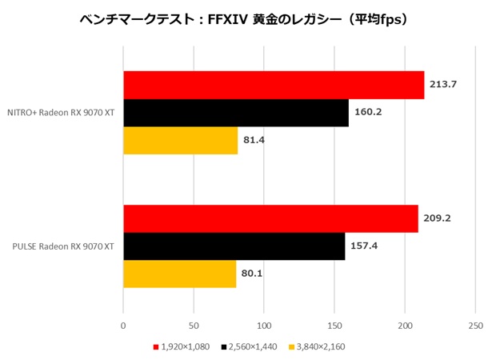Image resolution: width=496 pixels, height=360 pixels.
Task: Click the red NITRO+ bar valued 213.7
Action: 273,85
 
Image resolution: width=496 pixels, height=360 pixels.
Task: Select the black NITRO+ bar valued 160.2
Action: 235,113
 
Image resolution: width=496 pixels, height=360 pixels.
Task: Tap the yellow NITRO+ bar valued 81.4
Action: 180,141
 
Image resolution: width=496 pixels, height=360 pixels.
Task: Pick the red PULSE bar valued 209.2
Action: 270,218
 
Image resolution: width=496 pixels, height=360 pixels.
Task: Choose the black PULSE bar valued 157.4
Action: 234,246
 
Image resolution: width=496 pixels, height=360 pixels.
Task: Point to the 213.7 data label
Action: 445,84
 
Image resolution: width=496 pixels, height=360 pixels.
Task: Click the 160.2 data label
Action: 369,112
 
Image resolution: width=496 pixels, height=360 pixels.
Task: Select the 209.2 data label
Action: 438,218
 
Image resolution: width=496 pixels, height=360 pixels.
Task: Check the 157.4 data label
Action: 365,246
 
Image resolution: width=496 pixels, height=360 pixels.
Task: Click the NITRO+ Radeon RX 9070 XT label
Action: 61,113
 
